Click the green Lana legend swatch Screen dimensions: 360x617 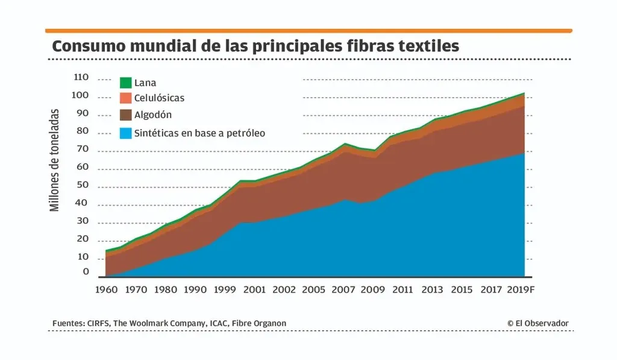[125, 83]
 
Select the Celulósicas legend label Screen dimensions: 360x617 [159, 98]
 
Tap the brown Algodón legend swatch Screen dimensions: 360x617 [125, 115]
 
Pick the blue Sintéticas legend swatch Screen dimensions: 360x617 [125, 133]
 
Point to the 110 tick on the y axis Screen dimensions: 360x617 [81, 78]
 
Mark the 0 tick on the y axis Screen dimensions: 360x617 [86, 273]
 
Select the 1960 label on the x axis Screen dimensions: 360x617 [107, 289]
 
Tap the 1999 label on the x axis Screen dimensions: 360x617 [225, 289]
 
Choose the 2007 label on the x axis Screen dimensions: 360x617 [343, 289]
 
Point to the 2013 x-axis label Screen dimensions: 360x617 [432, 289]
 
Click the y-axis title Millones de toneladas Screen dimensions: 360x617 [55, 160]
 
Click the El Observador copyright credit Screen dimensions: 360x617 [537, 324]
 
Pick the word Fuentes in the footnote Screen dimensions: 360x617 [67, 324]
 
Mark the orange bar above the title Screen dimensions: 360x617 [308, 30]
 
